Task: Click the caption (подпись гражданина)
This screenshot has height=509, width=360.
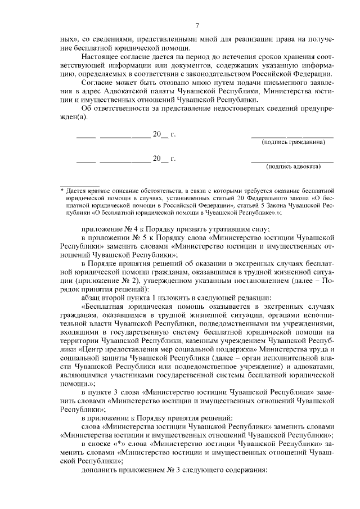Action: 293,142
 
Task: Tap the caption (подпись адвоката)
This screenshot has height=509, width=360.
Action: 293,166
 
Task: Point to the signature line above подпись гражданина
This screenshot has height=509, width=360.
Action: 292,136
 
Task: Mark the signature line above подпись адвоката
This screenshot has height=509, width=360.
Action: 292,160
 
